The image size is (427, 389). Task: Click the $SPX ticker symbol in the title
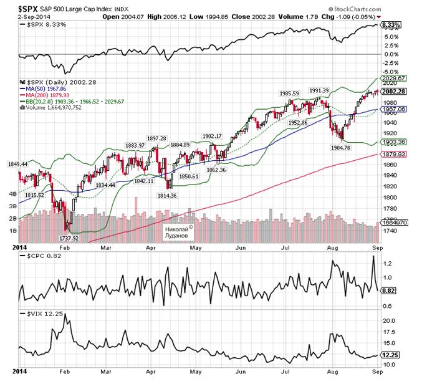click(25, 7)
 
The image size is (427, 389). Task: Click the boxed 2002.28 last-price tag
click(396, 91)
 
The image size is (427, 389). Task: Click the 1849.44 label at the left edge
click(17, 164)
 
